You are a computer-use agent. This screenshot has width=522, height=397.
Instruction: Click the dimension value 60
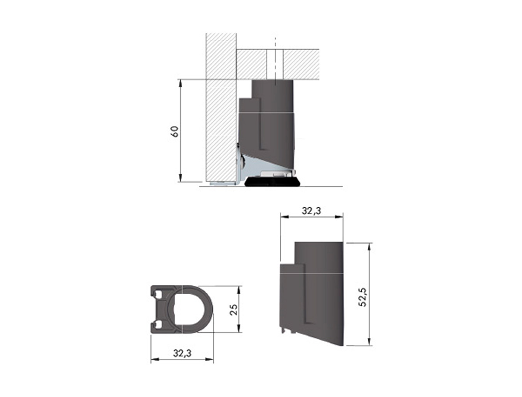175,132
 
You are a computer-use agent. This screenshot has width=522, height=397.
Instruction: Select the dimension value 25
235,309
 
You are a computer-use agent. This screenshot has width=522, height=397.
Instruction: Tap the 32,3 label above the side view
312,211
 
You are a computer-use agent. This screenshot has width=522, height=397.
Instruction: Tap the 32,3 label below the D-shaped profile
182,360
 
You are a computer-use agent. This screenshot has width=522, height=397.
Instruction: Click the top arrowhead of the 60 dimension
180,83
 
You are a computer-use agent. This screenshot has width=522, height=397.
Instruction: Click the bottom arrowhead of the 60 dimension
180,178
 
